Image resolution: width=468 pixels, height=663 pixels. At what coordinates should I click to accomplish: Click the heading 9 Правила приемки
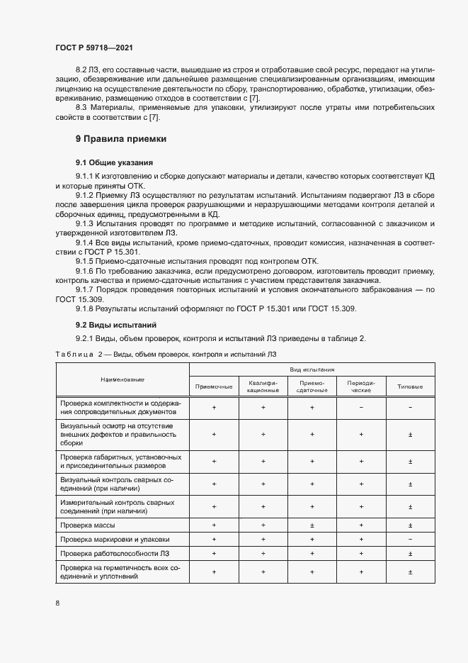(x=121, y=139)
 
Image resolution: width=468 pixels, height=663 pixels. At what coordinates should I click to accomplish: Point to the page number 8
(x=57, y=602)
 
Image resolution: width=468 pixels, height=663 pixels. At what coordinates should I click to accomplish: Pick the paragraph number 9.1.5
(x=85, y=261)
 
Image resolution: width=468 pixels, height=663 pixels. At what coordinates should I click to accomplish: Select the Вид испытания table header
(x=312, y=369)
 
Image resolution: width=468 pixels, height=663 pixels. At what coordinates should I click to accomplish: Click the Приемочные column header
(x=214, y=386)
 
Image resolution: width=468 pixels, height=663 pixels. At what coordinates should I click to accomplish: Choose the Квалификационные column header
(x=263, y=386)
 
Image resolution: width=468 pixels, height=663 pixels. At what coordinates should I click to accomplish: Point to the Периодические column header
(x=361, y=386)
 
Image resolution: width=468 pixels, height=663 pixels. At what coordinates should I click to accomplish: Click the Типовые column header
(x=410, y=386)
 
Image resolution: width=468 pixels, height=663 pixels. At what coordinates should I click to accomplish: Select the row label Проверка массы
(x=88, y=525)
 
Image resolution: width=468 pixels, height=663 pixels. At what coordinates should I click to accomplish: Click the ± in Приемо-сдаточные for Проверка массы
(x=312, y=525)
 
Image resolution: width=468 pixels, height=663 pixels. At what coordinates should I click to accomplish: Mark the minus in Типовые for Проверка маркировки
(x=410, y=539)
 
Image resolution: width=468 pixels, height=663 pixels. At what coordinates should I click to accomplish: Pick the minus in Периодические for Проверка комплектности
(x=361, y=407)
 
